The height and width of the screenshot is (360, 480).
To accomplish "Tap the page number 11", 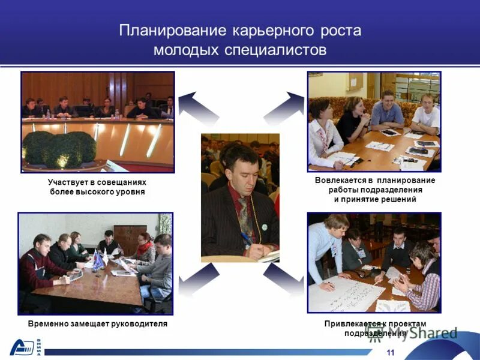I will [391, 352].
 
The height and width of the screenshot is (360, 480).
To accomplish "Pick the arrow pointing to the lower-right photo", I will [284, 279].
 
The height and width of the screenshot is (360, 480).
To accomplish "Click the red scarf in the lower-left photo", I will [145, 247].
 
